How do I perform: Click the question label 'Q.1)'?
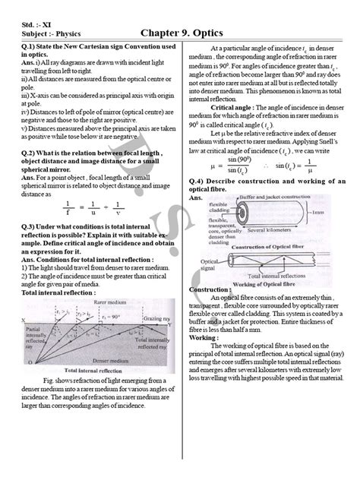(x=30, y=47)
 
